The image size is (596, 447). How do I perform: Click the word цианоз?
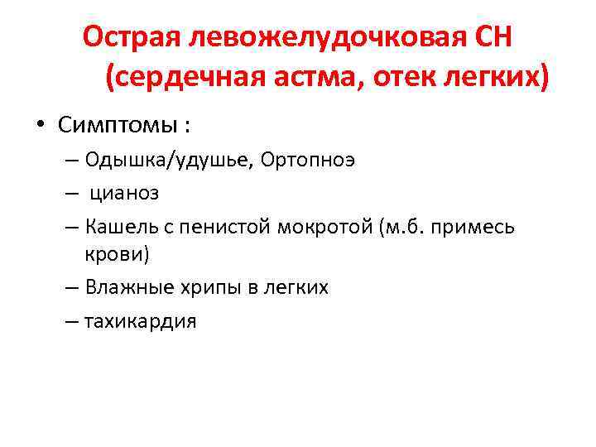pos(124,193)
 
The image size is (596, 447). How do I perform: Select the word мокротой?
pos(320,226)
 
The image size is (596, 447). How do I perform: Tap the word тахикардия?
pos(141,320)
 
